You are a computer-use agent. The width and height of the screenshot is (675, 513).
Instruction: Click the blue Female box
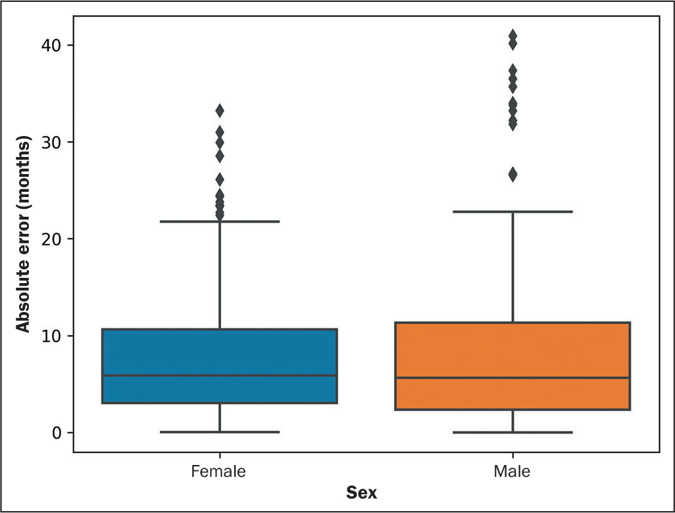(x=220, y=366)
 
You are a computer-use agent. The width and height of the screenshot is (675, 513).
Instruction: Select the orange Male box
(x=512, y=366)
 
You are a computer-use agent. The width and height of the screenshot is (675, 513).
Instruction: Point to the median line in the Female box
(x=220, y=376)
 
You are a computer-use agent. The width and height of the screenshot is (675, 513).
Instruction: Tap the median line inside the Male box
(x=512, y=378)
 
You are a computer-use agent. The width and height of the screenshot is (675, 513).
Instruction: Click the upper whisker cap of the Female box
(x=220, y=222)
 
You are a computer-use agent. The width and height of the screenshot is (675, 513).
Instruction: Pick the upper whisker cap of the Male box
(x=512, y=212)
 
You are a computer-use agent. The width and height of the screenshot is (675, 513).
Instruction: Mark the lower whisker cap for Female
(x=220, y=432)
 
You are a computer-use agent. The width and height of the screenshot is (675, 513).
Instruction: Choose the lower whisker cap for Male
(x=512, y=432)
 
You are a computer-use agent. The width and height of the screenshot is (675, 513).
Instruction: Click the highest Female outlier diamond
(x=220, y=111)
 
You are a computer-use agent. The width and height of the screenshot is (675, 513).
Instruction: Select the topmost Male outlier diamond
(x=512, y=35)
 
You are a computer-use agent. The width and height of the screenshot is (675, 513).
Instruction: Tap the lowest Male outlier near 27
(x=512, y=175)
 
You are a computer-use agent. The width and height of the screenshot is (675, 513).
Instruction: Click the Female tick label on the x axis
(x=218, y=472)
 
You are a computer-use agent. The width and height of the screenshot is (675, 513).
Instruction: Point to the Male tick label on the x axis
(x=512, y=472)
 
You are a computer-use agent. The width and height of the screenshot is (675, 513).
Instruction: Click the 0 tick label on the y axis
(x=57, y=433)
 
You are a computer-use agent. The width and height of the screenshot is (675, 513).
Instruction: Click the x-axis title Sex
(x=362, y=493)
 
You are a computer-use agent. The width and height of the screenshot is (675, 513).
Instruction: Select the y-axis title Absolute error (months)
(x=24, y=234)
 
